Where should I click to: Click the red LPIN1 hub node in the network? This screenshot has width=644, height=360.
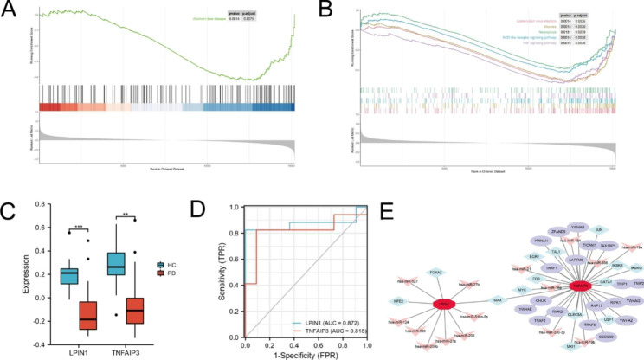[441, 305]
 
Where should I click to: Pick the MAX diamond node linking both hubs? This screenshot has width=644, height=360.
[497, 300]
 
